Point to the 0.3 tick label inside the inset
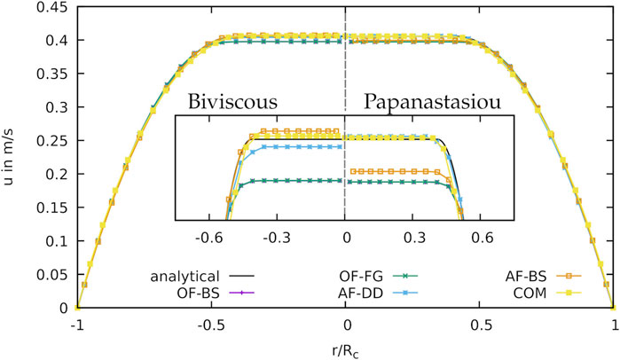click(x=413, y=238)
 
